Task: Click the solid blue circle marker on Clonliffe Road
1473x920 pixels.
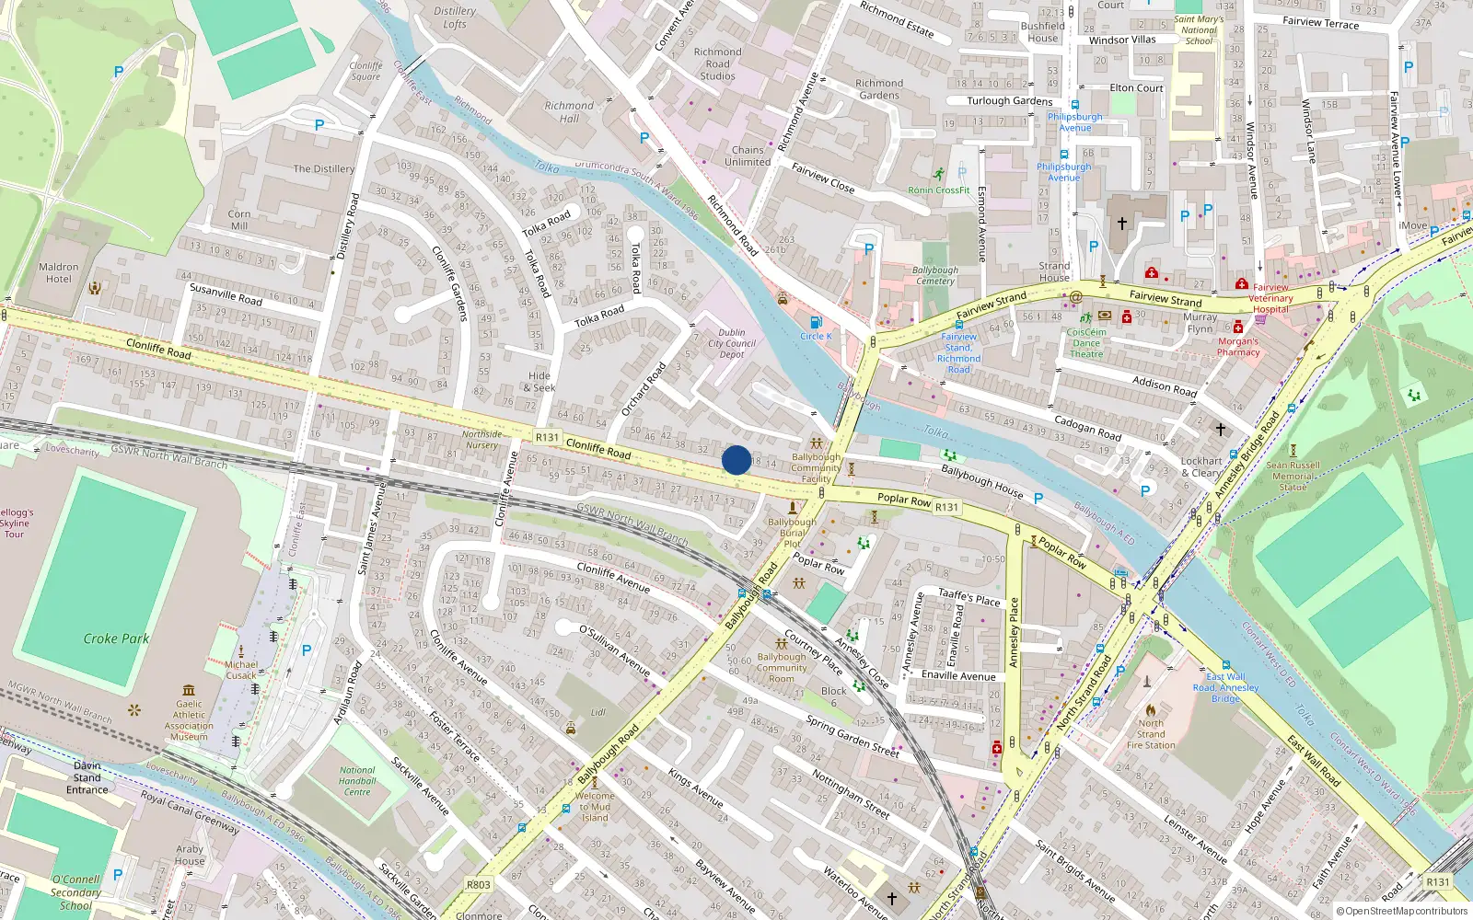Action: pos(736,460)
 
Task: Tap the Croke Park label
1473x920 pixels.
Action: pos(116,638)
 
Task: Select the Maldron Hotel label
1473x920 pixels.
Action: pos(58,273)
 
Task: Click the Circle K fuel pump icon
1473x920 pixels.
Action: pos(815,322)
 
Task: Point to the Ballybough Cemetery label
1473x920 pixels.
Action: pos(934,276)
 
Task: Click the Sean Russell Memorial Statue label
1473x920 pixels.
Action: pos(1293,476)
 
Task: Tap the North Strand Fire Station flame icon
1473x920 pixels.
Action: pos(1150,710)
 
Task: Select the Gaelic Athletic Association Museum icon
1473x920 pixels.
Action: pos(189,690)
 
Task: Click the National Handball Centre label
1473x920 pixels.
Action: pos(357,781)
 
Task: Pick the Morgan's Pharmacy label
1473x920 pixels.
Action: pos(1238,347)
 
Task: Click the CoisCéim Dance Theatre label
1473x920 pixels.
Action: pos(1086,343)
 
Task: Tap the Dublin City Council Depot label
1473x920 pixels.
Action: pos(732,343)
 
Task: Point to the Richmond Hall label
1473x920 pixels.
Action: pos(569,111)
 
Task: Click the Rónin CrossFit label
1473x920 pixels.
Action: pos(939,190)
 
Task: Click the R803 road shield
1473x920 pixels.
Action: pos(478,885)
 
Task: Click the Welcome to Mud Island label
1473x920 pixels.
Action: pos(595,807)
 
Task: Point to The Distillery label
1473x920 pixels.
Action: pos(323,169)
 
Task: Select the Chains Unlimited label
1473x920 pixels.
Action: pos(748,155)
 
